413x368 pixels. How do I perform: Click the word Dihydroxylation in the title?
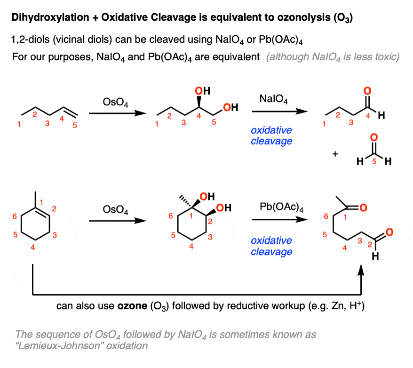(x=50, y=17)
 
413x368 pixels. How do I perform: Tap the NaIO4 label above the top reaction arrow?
(x=273, y=99)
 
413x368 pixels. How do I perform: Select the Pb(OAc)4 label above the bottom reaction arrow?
(x=281, y=207)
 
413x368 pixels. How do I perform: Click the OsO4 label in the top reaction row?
(x=115, y=102)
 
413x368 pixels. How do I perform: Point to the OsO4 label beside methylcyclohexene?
(x=115, y=210)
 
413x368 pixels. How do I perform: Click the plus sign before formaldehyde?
(x=335, y=154)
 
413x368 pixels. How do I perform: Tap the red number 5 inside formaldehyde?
(x=374, y=161)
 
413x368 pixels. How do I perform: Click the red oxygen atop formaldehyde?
(x=374, y=137)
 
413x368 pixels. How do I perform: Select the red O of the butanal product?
(x=367, y=91)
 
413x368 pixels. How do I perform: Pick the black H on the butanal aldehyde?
(x=381, y=115)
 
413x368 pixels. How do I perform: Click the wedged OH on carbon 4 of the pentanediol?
(x=203, y=91)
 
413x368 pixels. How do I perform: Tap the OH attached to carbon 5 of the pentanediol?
(x=231, y=107)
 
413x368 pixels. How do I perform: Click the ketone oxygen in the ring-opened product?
(x=363, y=208)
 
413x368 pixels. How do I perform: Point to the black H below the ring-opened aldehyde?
(x=375, y=256)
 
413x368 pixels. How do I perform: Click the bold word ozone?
(x=132, y=306)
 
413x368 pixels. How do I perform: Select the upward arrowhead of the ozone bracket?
(x=361, y=270)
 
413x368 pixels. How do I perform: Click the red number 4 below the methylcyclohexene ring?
(x=32, y=248)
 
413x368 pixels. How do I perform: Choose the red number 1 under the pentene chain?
(x=19, y=124)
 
